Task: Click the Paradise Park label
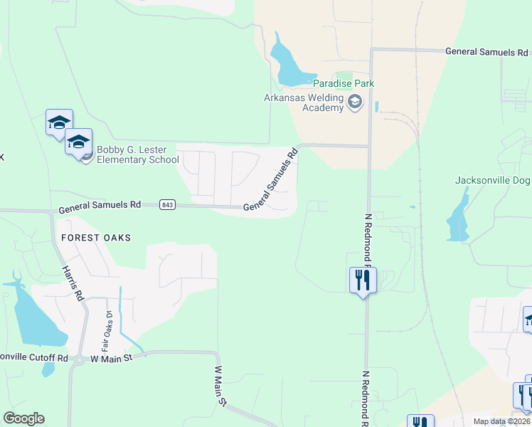[x=344, y=83]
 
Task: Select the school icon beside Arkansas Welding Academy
[x=355, y=104]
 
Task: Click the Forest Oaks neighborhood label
[x=95, y=238]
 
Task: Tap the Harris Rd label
[x=73, y=283]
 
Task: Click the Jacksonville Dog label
[x=492, y=180]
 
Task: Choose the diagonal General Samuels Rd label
[x=271, y=179]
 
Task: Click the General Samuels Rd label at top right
[x=486, y=52]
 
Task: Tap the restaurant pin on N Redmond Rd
[x=363, y=280]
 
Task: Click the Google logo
[x=23, y=418]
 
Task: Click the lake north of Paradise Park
[x=290, y=63]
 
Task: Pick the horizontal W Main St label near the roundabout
[x=112, y=358]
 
